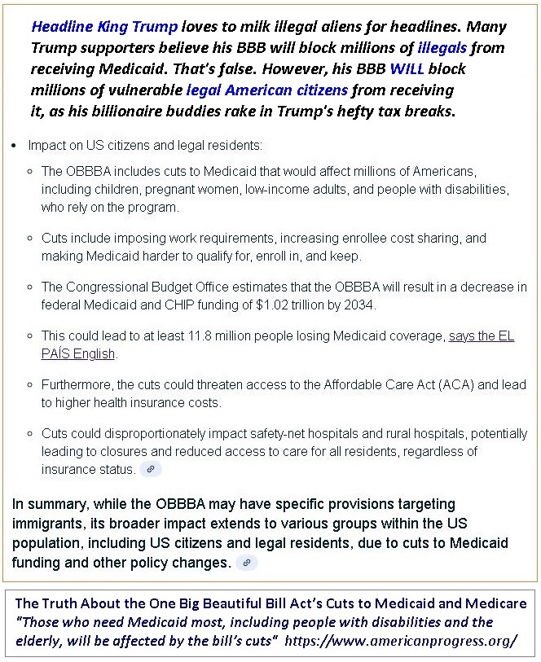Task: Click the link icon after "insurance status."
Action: pyautogui.click(x=152, y=469)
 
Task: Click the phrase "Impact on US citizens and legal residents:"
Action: pyautogui.click(x=146, y=147)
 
